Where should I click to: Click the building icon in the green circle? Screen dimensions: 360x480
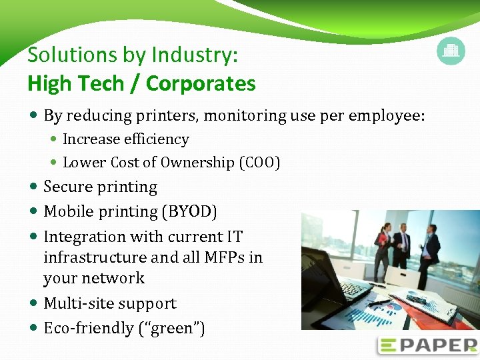click(x=451, y=51)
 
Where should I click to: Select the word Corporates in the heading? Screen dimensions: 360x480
click(x=201, y=83)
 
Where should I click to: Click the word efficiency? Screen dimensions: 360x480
click(x=157, y=139)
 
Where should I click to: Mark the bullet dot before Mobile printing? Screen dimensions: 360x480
click(x=34, y=212)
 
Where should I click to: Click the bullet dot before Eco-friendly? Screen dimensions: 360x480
click(x=34, y=329)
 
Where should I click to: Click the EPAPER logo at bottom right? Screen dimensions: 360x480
click(x=427, y=345)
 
